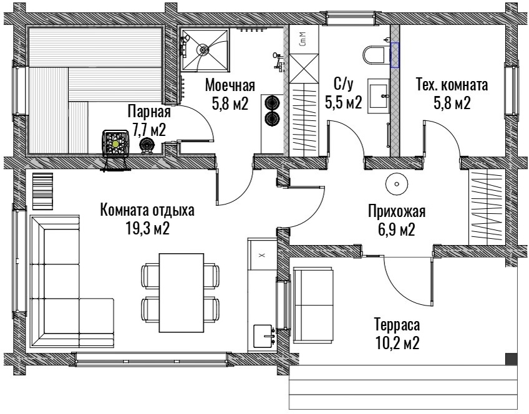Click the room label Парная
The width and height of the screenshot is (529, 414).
[x=149, y=111]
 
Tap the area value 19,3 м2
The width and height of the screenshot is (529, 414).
[x=147, y=229]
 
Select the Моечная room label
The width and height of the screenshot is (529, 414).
[x=230, y=85]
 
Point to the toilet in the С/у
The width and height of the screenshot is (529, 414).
[x=375, y=55]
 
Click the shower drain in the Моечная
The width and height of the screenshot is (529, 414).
[x=204, y=49]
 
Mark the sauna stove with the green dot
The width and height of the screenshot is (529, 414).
[x=116, y=144]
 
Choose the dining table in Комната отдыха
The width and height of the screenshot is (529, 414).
[x=182, y=292]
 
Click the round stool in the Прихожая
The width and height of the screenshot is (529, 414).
[x=397, y=184]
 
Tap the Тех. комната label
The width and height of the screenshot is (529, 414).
[x=452, y=85]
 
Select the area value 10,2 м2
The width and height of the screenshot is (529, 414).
[x=397, y=343]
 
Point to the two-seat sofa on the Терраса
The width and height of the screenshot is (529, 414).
[x=314, y=305]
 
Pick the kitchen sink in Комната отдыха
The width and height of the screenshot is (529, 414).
[x=264, y=336]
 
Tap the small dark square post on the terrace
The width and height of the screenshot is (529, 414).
[x=511, y=359]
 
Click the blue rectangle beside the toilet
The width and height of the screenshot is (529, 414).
[x=395, y=55]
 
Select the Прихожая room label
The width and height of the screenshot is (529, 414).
[x=397, y=211]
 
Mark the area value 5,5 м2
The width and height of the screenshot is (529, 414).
[x=344, y=102]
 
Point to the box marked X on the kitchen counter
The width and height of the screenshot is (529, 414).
[x=262, y=254]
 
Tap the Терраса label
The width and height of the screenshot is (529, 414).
[x=397, y=325]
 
